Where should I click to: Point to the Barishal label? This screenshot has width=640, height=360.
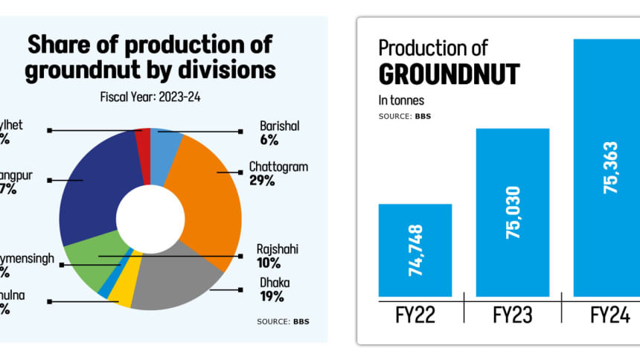point(279,126)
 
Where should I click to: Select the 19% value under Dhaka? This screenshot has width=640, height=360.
point(272,297)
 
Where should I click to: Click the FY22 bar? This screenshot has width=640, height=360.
point(415,250)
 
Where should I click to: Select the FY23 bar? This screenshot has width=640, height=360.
point(513,212)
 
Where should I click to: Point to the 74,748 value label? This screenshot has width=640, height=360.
point(415,251)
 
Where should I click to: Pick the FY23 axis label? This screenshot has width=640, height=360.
point(513,315)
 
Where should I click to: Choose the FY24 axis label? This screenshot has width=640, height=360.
point(610,315)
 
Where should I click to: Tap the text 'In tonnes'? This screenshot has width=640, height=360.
point(403,100)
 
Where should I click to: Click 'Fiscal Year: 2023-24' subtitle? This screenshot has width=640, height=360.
point(151,97)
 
